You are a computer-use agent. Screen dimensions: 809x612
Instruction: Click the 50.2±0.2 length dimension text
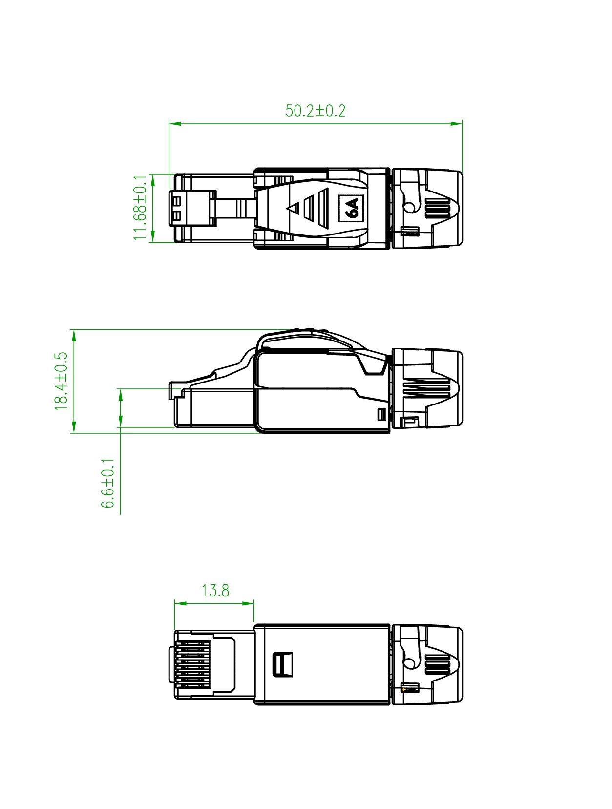(315, 111)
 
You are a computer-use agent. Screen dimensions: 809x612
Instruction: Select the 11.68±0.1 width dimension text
(140, 208)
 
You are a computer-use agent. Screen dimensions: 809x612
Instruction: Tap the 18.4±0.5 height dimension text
(61, 381)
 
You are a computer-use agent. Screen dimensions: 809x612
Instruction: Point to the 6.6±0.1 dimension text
(108, 483)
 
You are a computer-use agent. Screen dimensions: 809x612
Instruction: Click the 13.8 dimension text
(215, 591)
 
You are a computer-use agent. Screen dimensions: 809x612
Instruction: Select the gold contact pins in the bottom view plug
(193, 664)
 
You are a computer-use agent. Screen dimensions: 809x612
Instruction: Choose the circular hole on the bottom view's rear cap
(409, 662)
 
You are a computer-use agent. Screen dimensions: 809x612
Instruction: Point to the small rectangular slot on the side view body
(382, 415)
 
